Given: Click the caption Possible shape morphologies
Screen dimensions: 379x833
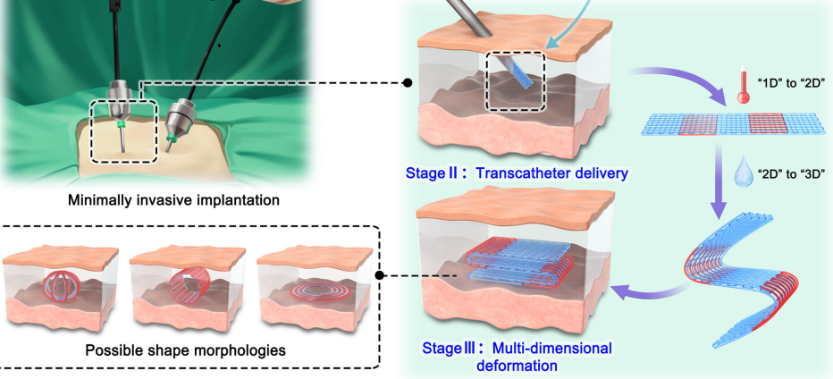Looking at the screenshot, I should click(x=186, y=350).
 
